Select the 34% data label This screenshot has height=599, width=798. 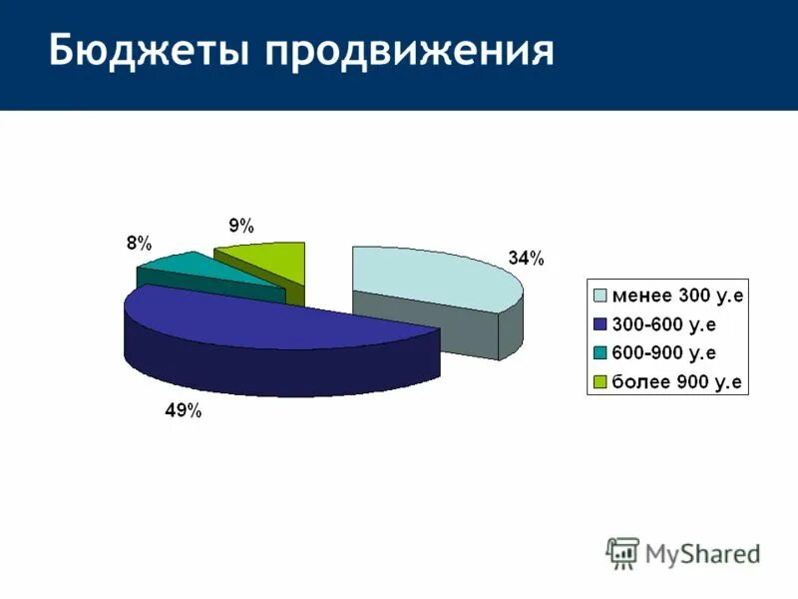click(526, 259)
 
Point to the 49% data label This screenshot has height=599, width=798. click(184, 410)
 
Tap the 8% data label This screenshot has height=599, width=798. click(139, 244)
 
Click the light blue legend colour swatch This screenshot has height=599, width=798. click(600, 296)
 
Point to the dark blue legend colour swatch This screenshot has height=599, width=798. click(600, 324)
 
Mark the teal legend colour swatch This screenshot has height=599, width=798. click(600, 353)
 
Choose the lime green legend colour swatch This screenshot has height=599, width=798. click(600, 382)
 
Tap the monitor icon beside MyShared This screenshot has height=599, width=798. click(622, 552)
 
